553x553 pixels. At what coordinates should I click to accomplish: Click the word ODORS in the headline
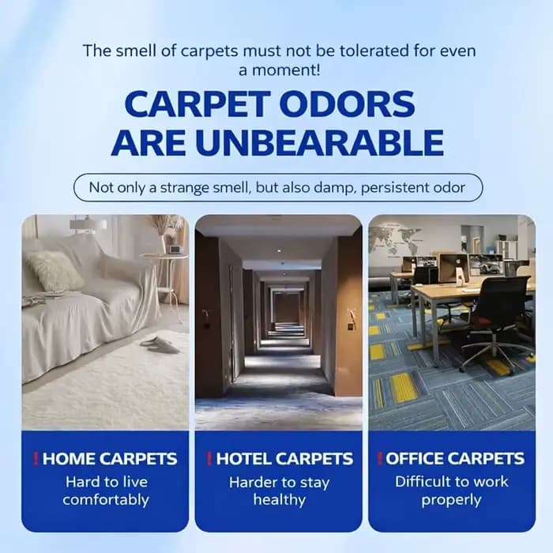(x=349, y=104)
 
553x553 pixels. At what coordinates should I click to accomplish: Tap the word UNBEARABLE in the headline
(x=320, y=143)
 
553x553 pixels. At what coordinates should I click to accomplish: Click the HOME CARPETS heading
(x=110, y=459)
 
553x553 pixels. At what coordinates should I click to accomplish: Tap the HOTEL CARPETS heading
(x=284, y=459)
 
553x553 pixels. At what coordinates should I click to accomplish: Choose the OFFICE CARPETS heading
(x=455, y=458)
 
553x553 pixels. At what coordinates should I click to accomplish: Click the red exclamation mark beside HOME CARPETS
(x=36, y=458)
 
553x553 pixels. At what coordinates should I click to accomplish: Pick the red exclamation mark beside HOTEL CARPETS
(x=209, y=458)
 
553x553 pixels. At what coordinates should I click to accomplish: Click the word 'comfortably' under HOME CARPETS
(x=106, y=500)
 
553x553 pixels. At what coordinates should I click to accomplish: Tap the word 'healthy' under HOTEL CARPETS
(x=280, y=500)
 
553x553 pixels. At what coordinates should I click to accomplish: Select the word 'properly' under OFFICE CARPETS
(x=451, y=500)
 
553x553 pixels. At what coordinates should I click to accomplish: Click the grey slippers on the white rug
(x=160, y=345)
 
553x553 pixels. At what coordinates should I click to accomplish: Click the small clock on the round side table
(x=175, y=250)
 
